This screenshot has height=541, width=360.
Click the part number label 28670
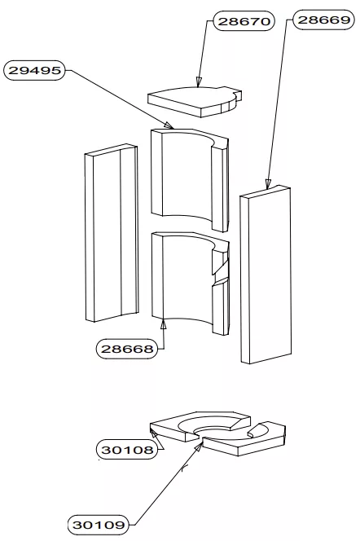coord(244,21)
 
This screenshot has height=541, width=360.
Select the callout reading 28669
coord(323,20)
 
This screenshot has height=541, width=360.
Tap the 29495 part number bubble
coord(34,70)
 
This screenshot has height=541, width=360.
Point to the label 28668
coord(126,349)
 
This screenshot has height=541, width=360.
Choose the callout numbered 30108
coord(127,450)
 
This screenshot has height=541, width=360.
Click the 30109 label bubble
coord(99,525)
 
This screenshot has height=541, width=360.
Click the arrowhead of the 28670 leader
coord(198,82)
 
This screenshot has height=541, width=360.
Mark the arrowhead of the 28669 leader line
coord(268,184)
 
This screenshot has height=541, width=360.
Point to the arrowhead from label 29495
coord(169,125)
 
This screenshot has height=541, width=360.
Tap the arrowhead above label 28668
coord(164,324)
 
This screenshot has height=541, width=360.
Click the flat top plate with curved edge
coord(195,101)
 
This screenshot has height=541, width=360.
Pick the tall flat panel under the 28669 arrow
coord(266,275)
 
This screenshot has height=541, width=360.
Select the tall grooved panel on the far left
coord(112,233)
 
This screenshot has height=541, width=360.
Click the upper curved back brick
coord(190,179)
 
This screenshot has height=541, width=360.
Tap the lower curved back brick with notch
coord(190,283)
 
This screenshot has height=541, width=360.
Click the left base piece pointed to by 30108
coord(200,426)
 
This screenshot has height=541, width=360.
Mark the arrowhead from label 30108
coord(153,433)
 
